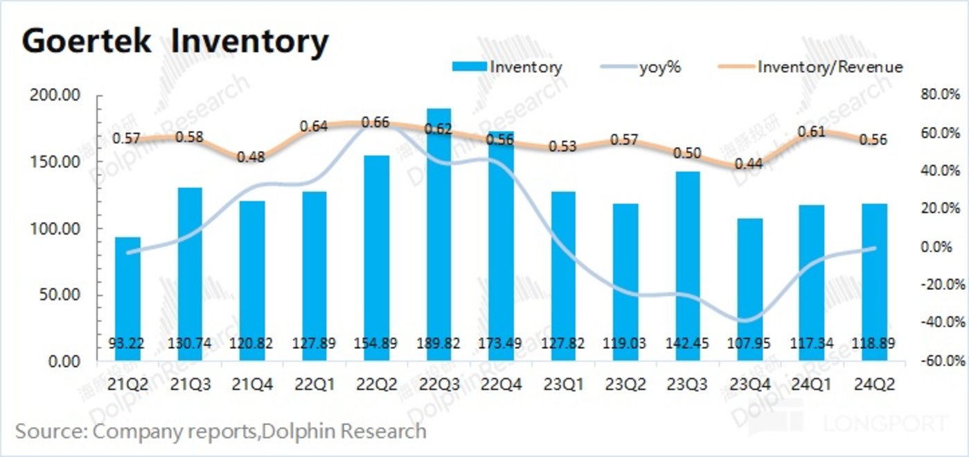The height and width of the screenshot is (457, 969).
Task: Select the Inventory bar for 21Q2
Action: [127, 298]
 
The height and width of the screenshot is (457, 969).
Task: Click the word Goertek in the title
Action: [87, 42]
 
